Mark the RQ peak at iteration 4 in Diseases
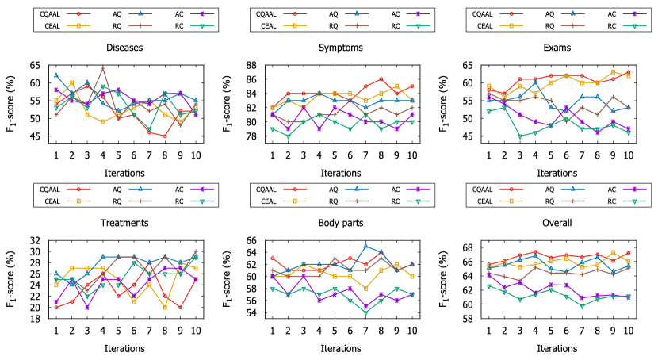(x=103, y=67)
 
